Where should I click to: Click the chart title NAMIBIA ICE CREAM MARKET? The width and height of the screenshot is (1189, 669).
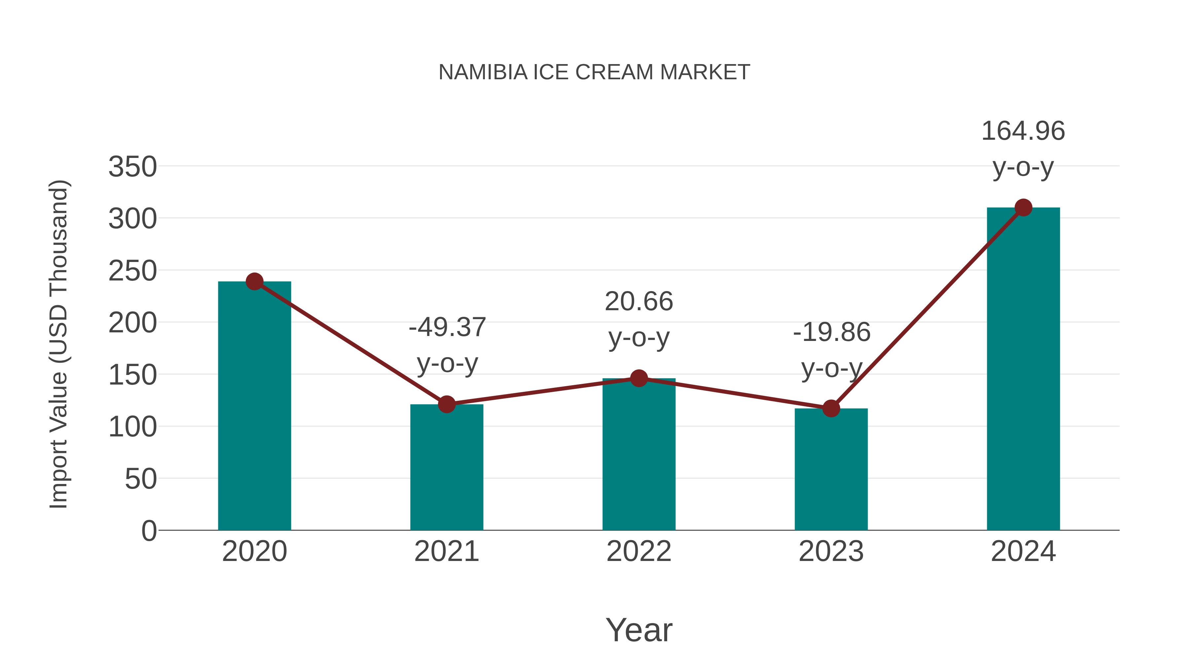(594, 72)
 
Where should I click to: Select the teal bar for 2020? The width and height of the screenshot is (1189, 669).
(254, 406)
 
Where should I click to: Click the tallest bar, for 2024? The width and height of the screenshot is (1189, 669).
(1023, 369)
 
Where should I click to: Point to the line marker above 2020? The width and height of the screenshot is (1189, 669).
(254, 281)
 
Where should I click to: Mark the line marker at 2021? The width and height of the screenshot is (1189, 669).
(446, 404)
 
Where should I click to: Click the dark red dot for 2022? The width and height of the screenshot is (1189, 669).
(639, 378)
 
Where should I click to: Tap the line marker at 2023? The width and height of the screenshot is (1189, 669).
(831, 408)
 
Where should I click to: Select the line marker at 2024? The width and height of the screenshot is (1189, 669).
(1023, 208)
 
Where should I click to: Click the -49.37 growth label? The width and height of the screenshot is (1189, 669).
(447, 327)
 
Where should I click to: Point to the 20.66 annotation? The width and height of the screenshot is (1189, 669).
(639, 302)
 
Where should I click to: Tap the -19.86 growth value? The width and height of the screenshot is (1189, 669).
(832, 332)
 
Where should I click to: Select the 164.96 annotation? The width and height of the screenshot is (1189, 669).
(1023, 131)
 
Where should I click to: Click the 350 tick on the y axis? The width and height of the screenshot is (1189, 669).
(132, 167)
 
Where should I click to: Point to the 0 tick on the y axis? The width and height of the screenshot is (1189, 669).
(149, 531)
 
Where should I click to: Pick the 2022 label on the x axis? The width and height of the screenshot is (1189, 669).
(639, 551)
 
